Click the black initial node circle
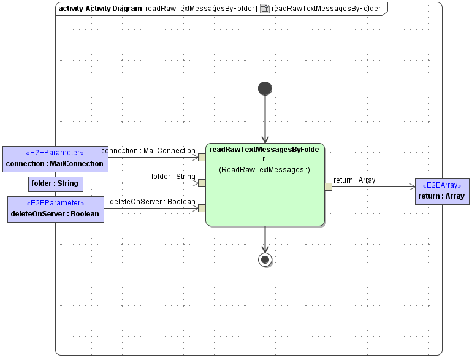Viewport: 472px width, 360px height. (265, 88)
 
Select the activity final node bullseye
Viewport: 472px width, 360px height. (265, 259)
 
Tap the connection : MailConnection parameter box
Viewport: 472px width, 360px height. (55, 159)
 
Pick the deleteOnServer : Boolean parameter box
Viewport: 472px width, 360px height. (55, 209)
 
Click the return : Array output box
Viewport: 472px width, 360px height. (441, 191)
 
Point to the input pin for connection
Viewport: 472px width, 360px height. (202, 157)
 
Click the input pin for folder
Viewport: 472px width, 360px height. (202, 183)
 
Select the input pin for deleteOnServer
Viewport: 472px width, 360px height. (202, 208)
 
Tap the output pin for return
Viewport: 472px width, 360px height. (328, 186)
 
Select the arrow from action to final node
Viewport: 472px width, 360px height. (265, 239)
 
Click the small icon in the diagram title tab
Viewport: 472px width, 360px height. (265, 9)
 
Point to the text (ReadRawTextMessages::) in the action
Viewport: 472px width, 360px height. (264, 170)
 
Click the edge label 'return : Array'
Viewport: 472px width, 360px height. (354, 180)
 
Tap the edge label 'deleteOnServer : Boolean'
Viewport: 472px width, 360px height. (153, 202)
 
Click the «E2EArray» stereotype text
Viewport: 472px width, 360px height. (441, 185)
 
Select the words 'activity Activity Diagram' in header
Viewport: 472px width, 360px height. (100, 9)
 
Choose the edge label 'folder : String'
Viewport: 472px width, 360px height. (173, 177)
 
